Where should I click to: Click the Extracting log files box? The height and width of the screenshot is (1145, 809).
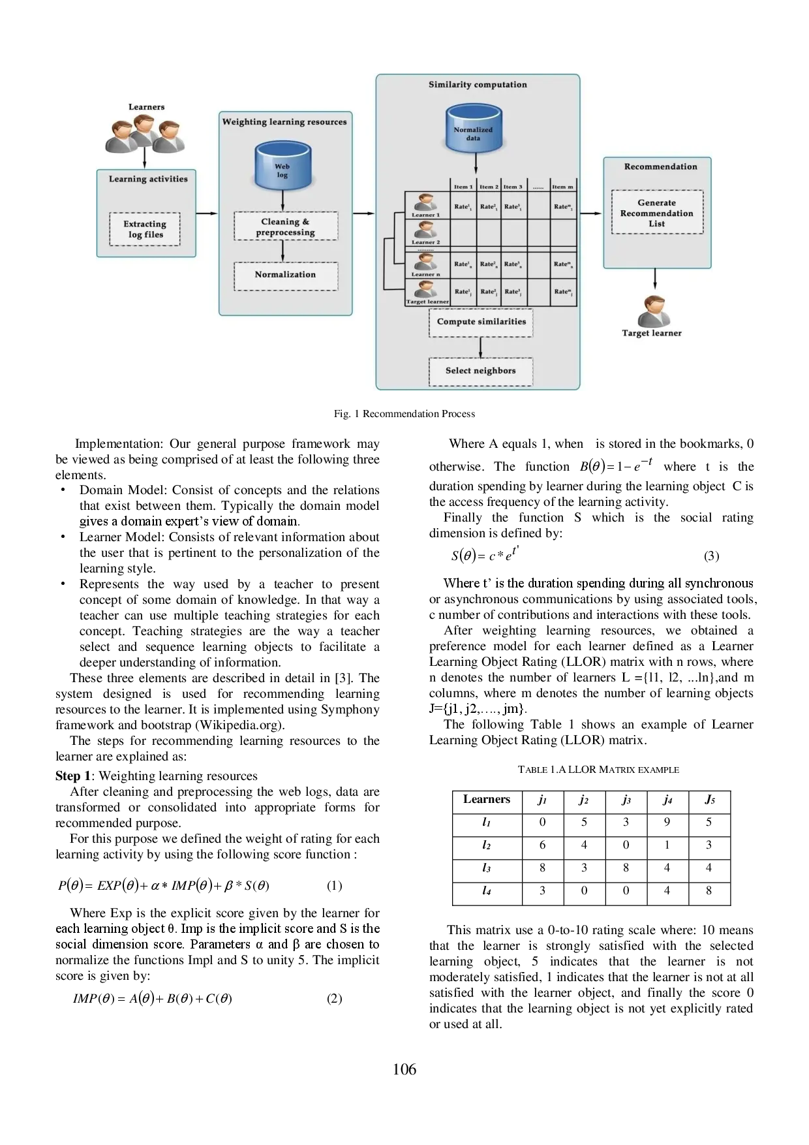point(145,229)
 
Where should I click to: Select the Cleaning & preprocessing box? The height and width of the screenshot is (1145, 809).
point(286,227)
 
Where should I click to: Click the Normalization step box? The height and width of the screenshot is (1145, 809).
point(286,275)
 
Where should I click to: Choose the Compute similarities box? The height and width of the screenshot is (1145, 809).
point(481,322)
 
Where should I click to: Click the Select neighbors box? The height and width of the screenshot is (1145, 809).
point(481,371)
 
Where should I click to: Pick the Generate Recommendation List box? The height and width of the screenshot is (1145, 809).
point(657,213)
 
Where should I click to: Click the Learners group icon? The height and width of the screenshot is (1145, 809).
point(145,134)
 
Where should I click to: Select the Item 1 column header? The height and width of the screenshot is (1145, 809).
point(463,187)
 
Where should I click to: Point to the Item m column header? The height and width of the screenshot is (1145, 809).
point(562,187)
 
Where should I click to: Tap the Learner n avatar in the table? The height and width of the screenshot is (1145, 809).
point(426,262)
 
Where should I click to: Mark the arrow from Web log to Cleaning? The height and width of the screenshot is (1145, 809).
point(282,200)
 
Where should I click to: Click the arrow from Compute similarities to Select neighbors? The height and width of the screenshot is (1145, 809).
point(481,347)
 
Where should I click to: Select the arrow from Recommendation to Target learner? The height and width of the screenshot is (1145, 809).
point(655,279)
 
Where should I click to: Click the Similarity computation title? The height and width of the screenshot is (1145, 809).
point(478,85)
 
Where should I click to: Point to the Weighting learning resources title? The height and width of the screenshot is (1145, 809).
point(284,122)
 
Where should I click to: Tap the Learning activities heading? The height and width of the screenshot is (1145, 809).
point(148,179)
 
